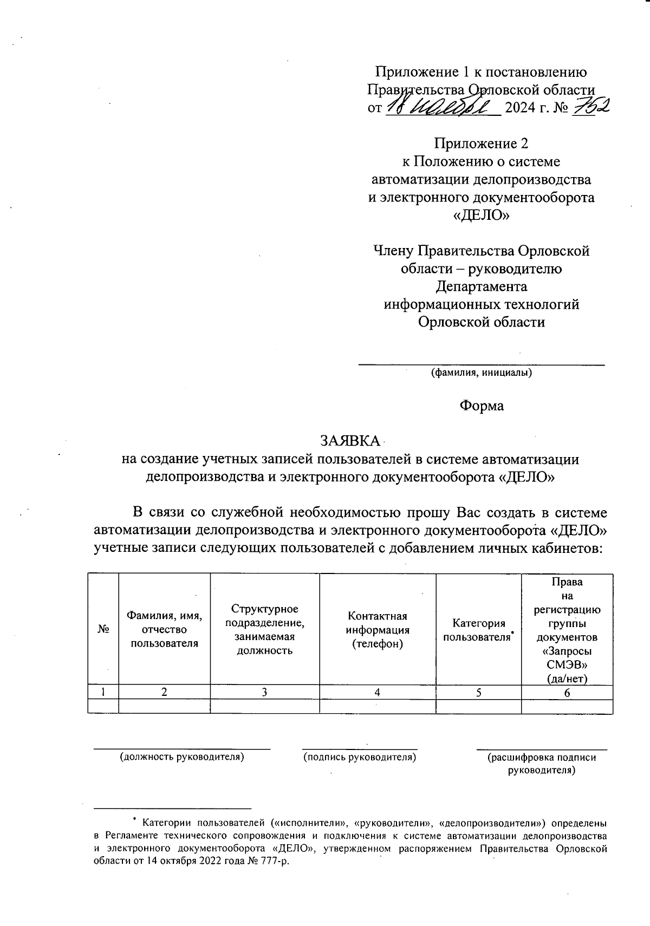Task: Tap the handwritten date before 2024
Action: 441,107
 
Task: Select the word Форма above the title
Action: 482,406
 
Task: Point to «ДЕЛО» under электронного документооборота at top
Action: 481,216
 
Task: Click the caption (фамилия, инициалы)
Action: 481,373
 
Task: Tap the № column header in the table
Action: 103,629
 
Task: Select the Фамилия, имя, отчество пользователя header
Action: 164,629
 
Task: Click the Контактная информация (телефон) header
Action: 378,630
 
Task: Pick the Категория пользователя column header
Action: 478,630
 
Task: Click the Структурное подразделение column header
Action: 264,630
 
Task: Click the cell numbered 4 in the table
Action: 378,692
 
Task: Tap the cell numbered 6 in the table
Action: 567,693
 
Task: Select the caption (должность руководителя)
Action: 182,757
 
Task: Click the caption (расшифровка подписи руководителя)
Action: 542,763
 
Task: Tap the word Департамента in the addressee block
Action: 481,286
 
